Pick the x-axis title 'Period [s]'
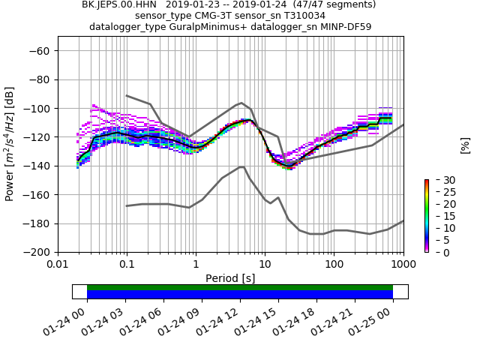point(230,278)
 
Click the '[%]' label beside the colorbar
point(465,145)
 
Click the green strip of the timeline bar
point(240,287)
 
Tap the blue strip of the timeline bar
point(240,295)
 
